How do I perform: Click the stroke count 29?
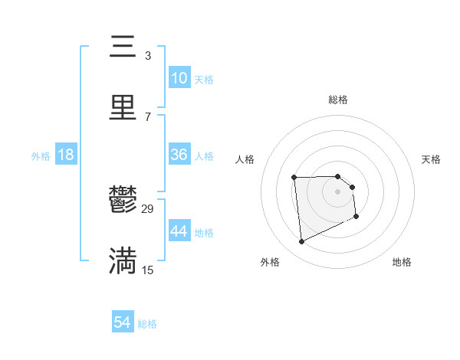coord(148,208)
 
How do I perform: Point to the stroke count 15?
coord(148,270)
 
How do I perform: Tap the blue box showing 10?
coord(179,78)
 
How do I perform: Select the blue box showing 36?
coord(179,155)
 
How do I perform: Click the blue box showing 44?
coord(179,231)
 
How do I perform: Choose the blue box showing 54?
coord(123,322)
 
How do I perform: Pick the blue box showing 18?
coord(66,155)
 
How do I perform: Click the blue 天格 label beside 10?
coord(203,80)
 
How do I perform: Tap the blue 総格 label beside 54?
coord(147,324)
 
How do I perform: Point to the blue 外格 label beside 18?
coord(41,156)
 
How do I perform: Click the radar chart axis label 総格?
coord(338,100)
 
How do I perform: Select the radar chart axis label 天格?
coord(432,159)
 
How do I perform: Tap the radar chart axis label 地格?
coord(402,262)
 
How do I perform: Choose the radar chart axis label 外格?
coord(270,262)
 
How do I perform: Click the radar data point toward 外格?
coord(301,242)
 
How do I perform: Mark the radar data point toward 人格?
coord(294,178)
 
